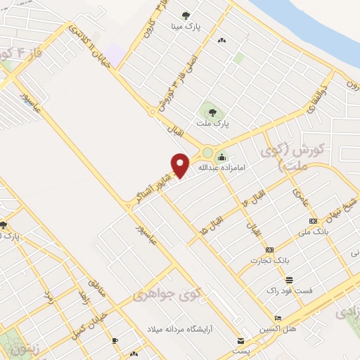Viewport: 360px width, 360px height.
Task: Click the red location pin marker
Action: click(x=181, y=165)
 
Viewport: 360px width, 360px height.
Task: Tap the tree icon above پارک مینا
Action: click(x=186, y=15)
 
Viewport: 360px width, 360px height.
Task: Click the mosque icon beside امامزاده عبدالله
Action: click(x=222, y=157)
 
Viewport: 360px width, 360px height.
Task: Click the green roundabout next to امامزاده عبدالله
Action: click(x=207, y=153)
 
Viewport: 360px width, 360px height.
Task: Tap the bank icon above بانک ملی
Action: click(x=313, y=221)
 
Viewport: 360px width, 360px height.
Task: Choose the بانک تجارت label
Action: click(x=269, y=261)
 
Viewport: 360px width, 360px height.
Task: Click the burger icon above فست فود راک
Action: click(x=288, y=280)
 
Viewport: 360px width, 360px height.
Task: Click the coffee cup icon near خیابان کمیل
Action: click(x=115, y=340)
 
